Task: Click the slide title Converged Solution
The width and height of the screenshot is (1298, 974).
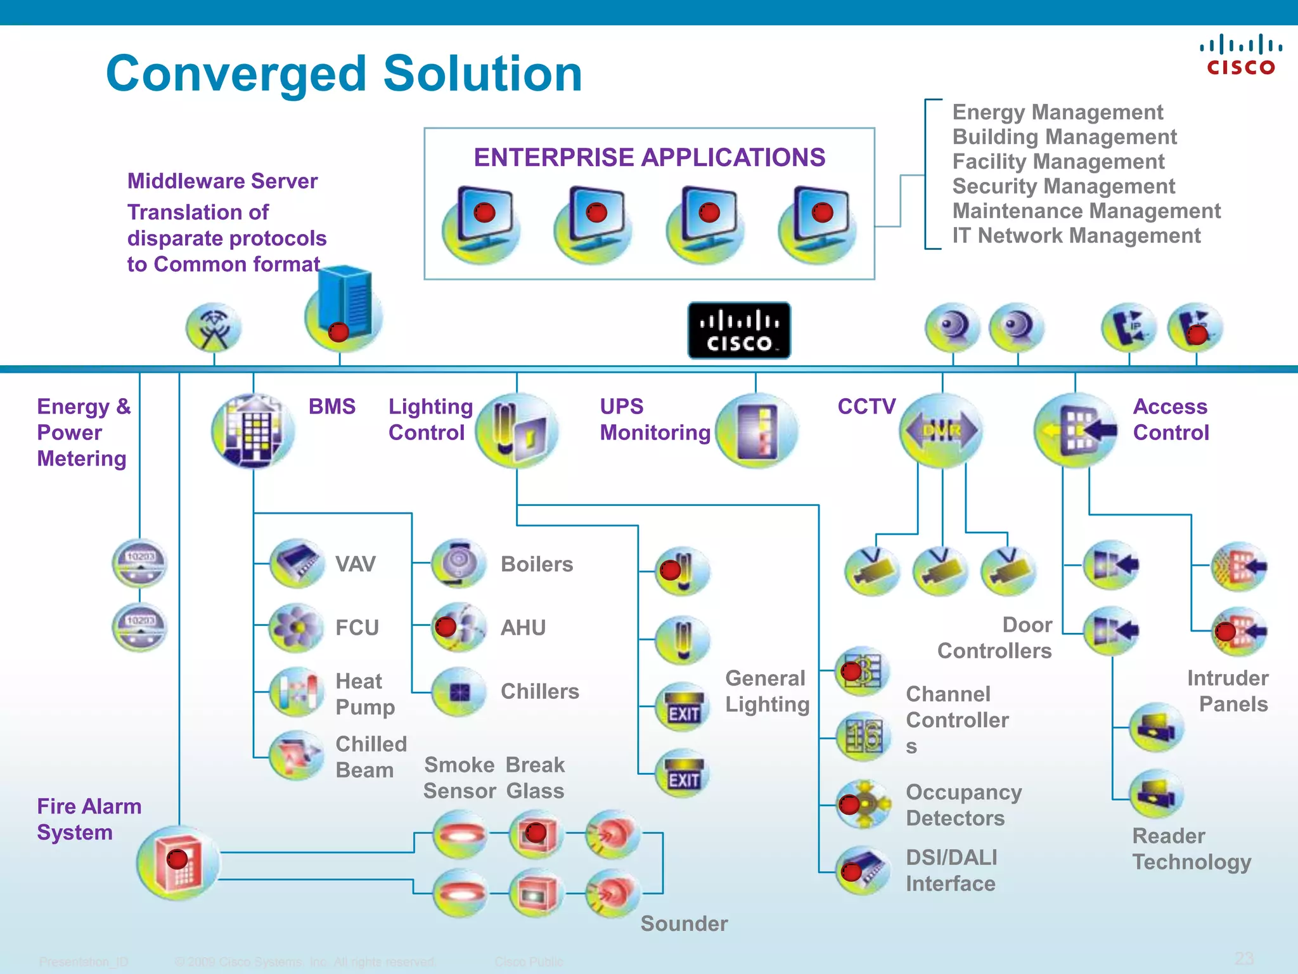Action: pos(344,74)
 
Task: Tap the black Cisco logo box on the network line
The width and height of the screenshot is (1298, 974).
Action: pos(739,330)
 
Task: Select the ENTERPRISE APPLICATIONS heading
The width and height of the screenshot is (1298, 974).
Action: pos(649,157)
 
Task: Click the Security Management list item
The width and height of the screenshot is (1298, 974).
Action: pos(1063,186)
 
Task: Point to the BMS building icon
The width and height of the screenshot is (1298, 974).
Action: pos(253,431)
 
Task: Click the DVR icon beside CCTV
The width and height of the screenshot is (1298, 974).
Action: pos(941,431)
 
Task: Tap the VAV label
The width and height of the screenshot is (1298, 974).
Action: pos(355,564)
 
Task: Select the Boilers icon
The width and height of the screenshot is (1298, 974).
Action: pos(459,563)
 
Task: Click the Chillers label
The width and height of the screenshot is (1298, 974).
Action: pos(539,691)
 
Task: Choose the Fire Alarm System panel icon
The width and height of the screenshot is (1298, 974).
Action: pos(178,863)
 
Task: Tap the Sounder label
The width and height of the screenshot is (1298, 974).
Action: pos(684,923)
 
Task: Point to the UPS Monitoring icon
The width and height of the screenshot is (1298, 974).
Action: pos(757,431)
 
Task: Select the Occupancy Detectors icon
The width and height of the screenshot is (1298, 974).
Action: pos(863,804)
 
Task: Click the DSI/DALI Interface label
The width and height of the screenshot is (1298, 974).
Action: pos(951,870)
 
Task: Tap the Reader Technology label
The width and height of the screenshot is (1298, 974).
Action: pos(1191,849)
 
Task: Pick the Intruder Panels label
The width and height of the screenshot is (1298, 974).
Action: pos(1227,691)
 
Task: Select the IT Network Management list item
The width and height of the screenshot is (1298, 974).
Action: pos(1076,236)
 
